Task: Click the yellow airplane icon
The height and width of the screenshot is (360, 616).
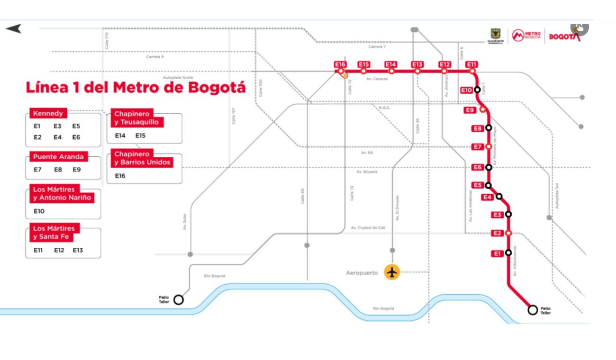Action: click(x=392, y=272)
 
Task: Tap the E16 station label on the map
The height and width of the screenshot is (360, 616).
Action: click(x=340, y=64)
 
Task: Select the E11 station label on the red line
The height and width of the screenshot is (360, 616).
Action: click(x=471, y=64)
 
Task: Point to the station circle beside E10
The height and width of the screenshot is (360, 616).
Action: click(x=477, y=90)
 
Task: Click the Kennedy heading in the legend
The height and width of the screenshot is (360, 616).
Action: click(x=47, y=114)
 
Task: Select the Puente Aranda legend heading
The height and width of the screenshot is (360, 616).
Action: click(x=58, y=157)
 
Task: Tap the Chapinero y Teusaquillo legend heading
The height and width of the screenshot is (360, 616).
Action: click(x=136, y=118)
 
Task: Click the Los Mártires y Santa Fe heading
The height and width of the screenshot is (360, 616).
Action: click(x=54, y=233)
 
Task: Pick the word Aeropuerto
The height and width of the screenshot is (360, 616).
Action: click(x=362, y=273)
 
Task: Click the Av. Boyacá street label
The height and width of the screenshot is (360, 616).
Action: click(x=367, y=172)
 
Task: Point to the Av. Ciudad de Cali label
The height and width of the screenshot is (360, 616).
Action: click(x=368, y=228)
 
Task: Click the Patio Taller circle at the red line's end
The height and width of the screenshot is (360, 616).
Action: click(x=533, y=310)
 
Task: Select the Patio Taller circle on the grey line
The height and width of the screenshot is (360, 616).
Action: click(x=178, y=299)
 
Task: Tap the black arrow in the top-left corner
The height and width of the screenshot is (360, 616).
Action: click(x=13, y=29)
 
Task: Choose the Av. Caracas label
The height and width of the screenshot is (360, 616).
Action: click(x=377, y=79)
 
